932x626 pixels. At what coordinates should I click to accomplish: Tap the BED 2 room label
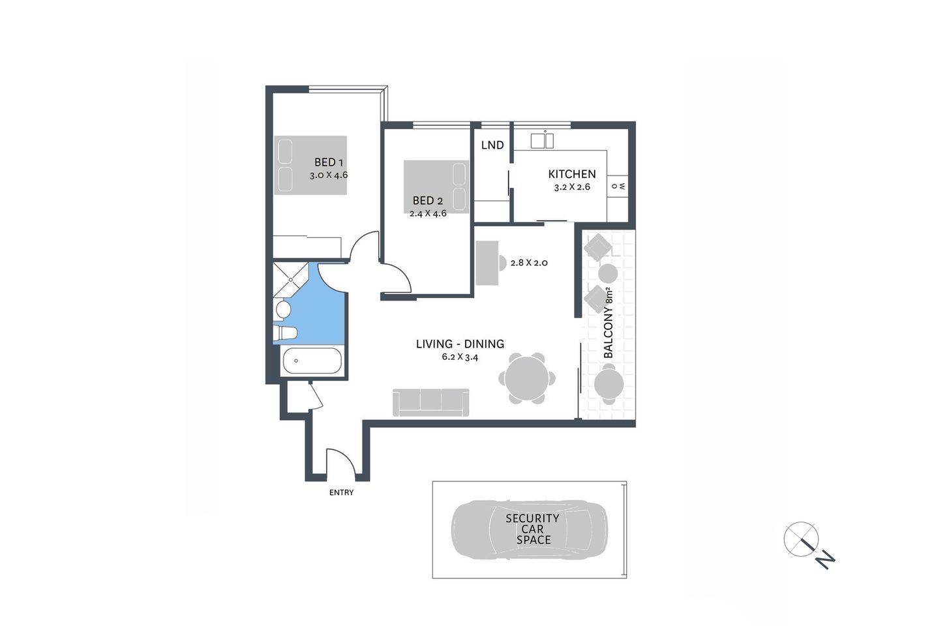click(427, 201)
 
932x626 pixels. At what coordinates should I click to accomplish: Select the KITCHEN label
click(571, 174)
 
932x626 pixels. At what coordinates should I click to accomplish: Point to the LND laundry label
click(492, 145)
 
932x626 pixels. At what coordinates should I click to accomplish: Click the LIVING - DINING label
click(460, 344)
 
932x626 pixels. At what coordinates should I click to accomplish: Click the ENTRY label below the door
click(341, 492)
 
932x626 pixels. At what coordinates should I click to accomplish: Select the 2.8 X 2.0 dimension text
click(528, 263)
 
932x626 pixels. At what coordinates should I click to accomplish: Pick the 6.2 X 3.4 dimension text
click(460, 357)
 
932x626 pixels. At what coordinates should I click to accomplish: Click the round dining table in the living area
click(527, 378)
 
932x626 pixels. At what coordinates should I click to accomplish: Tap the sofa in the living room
click(430, 402)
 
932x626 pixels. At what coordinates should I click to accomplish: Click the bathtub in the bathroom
click(311, 361)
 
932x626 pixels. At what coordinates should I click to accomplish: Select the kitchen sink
click(541, 140)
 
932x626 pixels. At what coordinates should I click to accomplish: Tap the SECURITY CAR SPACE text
click(533, 529)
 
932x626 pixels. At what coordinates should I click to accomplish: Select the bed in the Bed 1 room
click(310, 165)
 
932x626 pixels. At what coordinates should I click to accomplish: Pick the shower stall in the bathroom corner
click(289, 278)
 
